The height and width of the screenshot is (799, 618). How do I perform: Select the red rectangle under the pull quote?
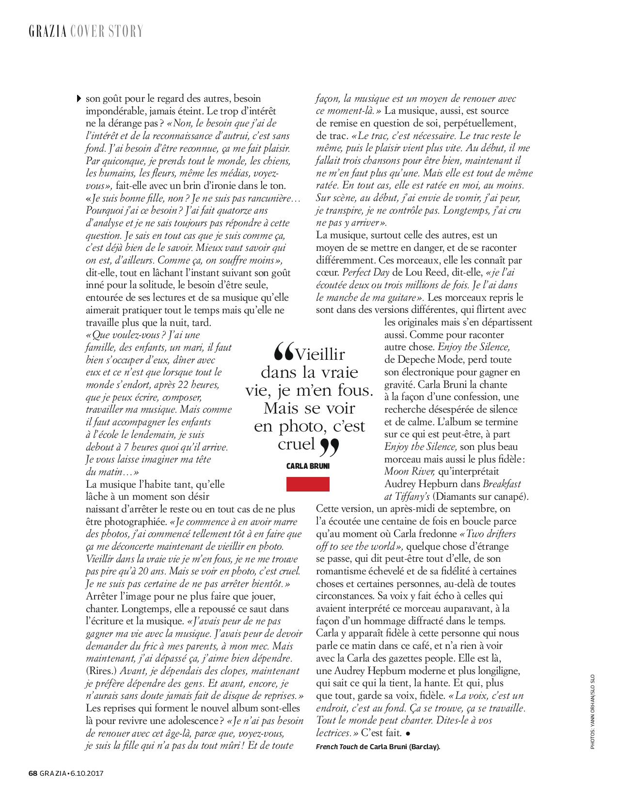pyautogui.click(x=308, y=484)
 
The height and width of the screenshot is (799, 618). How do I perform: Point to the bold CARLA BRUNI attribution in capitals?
pyautogui.click(x=308, y=466)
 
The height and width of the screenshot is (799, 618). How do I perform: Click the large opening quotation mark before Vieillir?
pyautogui.click(x=284, y=353)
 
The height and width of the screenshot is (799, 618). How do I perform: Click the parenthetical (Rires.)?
pyautogui.click(x=101, y=671)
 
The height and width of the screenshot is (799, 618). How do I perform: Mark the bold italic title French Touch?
pyautogui.click(x=337, y=747)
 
